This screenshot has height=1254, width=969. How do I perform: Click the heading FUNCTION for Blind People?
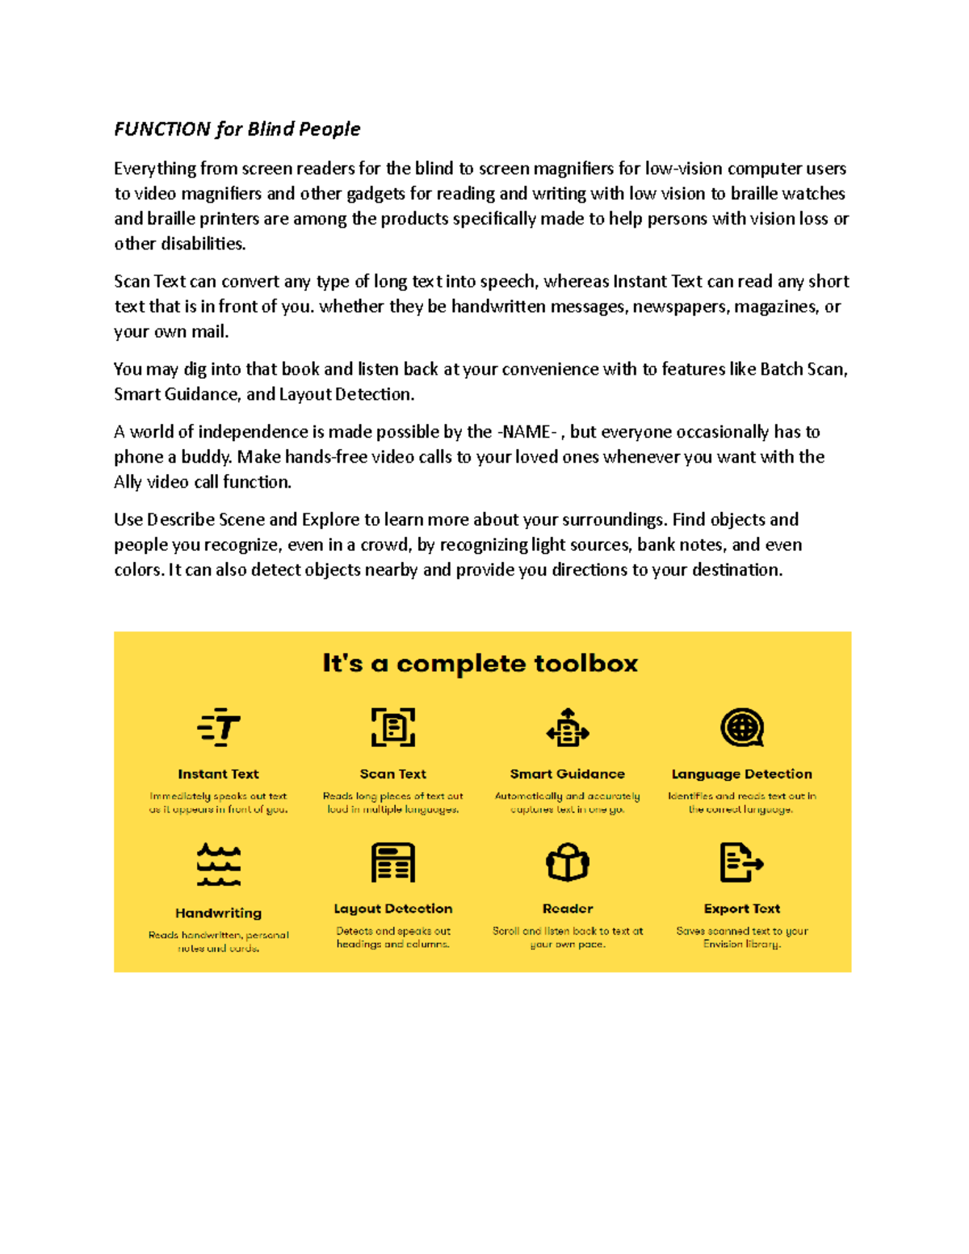click(237, 129)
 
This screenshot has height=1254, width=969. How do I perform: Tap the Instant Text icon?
click(219, 727)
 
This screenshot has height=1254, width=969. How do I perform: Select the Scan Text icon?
click(392, 727)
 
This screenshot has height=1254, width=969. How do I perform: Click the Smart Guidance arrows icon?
click(568, 728)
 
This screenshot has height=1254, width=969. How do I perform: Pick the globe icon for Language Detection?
click(741, 728)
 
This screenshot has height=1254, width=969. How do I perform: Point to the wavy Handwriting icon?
click(219, 865)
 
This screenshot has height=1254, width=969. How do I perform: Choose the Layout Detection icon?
click(392, 862)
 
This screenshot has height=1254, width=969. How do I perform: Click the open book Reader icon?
click(568, 862)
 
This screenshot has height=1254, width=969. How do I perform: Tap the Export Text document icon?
click(740, 862)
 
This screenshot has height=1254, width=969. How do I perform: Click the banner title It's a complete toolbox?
click(480, 664)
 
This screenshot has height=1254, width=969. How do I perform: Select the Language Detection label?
click(741, 774)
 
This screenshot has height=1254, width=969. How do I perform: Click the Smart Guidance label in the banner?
click(567, 774)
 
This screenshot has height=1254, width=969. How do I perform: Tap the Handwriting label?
click(218, 913)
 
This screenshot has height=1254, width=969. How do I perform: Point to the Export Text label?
click(741, 908)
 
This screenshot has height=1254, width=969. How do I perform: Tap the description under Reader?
click(568, 937)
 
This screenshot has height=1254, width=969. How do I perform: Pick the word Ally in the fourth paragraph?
click(128, 482)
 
